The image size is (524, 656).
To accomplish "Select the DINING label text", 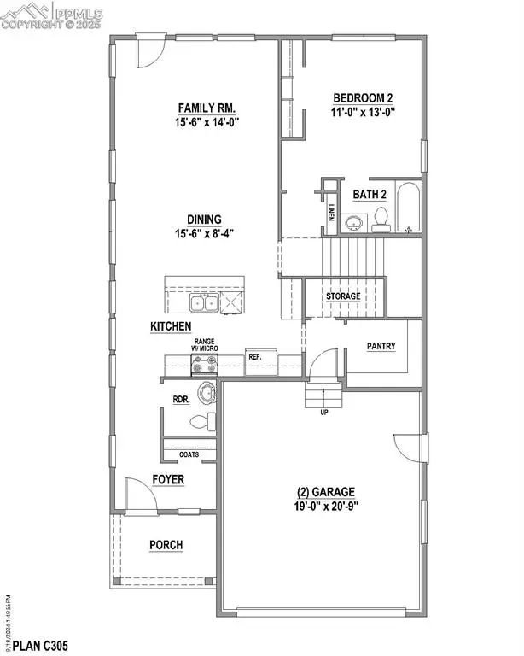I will tap(206, 219).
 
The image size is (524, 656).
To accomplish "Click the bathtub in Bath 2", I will tap(409, 208).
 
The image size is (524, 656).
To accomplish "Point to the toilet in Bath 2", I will tap(381, 220).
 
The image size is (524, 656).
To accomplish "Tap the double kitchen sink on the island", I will tap(203, 302).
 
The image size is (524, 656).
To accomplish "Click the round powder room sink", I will tap(207, 394).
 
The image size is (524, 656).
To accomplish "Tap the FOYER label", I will tap(168, 480).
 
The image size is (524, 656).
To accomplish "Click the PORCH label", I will tap(166, 545).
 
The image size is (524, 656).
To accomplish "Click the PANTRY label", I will tap(380, 347).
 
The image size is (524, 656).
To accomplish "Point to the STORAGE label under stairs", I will tap(343, 296).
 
